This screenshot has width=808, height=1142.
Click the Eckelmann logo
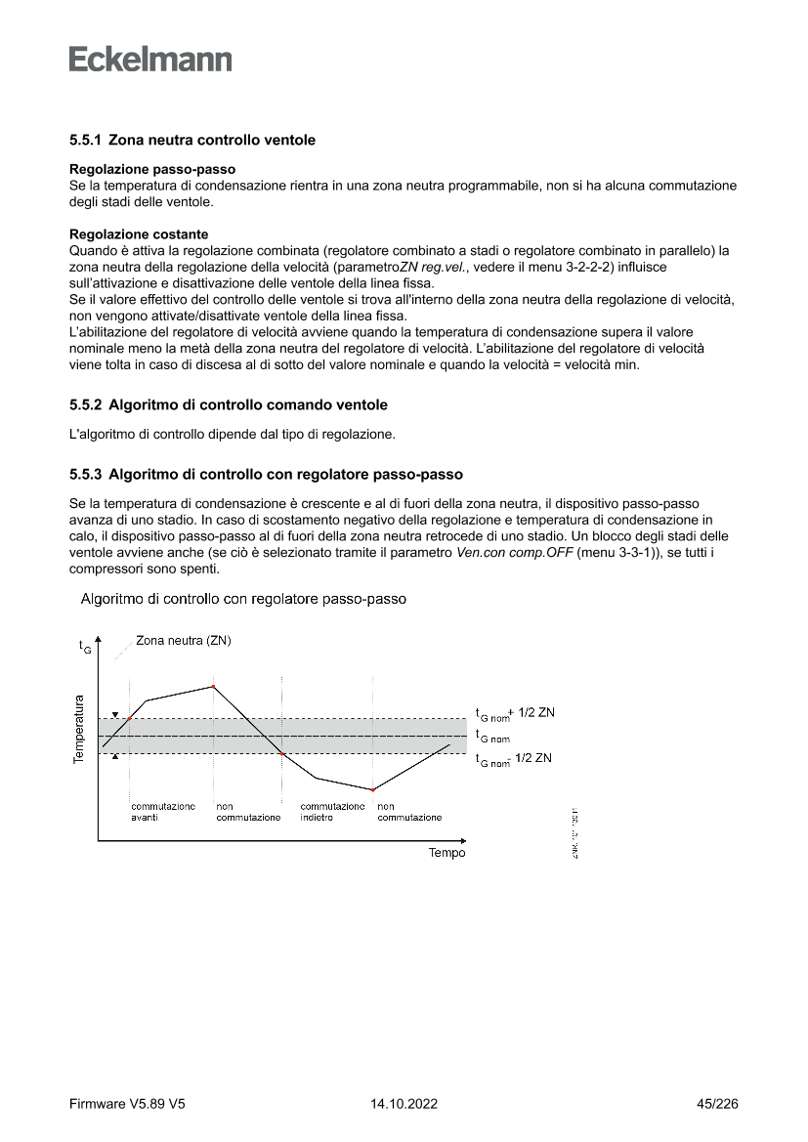click(x=150, y=59)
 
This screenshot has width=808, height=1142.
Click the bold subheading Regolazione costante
click(x=140, y=234)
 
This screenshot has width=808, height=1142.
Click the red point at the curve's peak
click(x=213, y=687)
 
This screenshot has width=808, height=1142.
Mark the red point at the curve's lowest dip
click(x=373, y=789)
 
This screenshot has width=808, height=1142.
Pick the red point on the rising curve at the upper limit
click(x=130, y=719)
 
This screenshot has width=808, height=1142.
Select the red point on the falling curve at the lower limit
click(x=282, y=754)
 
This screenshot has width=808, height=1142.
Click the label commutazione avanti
click(x=162, y=812)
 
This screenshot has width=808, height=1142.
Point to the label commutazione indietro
click(x=332, y=812)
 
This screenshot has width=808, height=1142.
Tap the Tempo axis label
click(x=447, y=853)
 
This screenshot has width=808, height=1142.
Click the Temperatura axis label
click(x=78, y=730)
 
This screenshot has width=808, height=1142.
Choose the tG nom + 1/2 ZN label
click(x=514, y=713)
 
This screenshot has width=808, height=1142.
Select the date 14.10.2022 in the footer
click(x=404, y=1105)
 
